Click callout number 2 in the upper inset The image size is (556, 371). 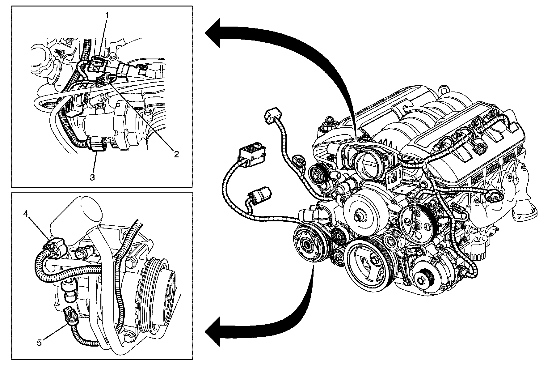(x=176, y=154)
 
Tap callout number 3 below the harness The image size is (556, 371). (x=92, y=177)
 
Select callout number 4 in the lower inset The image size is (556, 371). (x=26, y=213)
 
